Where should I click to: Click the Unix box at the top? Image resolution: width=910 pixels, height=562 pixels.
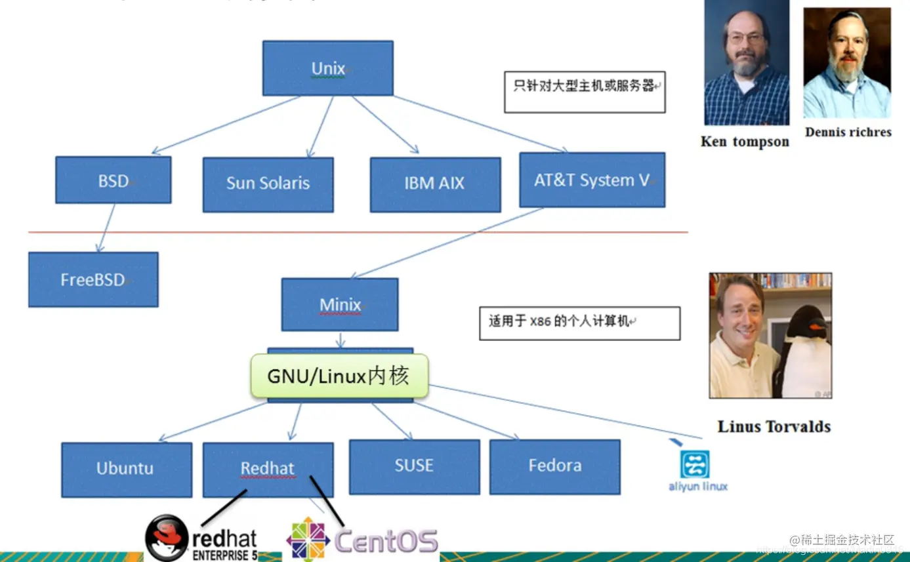click(x=327, y=68)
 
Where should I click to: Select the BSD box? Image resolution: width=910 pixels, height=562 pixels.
click(x=113, y=180)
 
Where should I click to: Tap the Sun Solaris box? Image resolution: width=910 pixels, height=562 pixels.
click(x=268, y=184)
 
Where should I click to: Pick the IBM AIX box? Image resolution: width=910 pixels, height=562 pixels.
click(x=434, y=184)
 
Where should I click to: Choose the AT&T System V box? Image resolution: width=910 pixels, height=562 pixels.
click(x=591, y=180)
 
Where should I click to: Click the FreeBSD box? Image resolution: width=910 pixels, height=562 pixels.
click(x=93, y=279)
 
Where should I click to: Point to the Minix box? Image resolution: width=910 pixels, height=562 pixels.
click(x=339, y=304)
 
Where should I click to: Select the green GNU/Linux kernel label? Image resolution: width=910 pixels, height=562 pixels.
click(x=339, y=376)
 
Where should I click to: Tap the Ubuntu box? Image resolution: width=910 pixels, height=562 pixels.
click(x=126, y=469)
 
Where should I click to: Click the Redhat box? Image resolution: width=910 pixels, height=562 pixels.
click(x=267, y=468)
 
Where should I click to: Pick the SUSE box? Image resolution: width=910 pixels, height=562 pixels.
click(x=414, y=466)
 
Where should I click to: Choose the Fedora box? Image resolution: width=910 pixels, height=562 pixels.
click(x=554, y=466)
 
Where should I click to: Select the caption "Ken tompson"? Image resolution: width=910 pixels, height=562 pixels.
click(x=745, y=142)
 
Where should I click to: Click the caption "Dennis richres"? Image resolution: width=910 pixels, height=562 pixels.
click(x=848, y=132)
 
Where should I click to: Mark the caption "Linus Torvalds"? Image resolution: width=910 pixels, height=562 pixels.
click(x=774, y=427)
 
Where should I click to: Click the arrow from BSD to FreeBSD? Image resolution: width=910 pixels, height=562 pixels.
click(x=106, y=228)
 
